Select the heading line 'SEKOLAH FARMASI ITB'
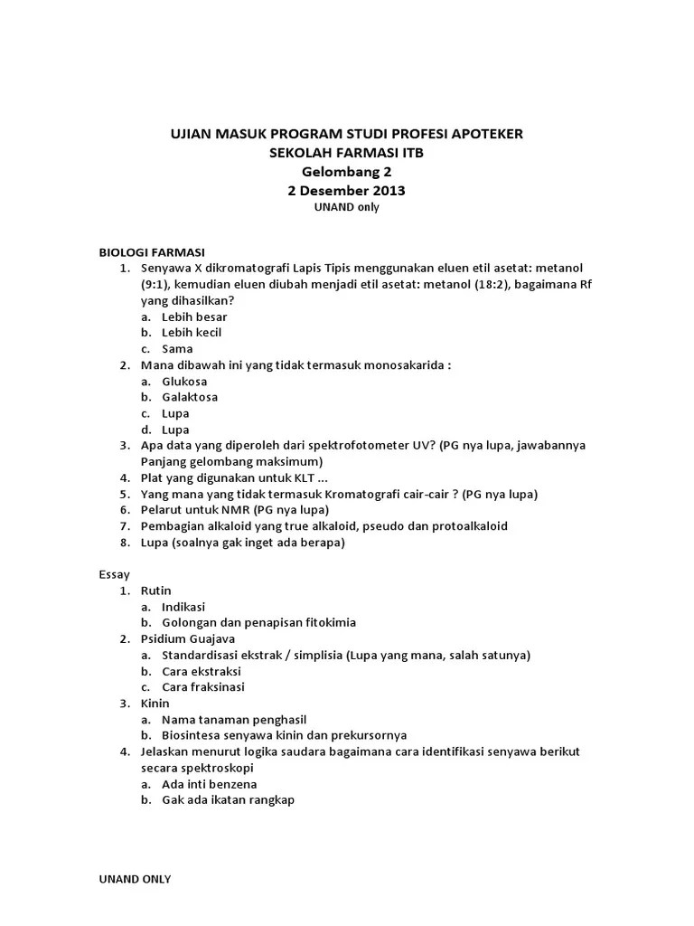click(346, 153)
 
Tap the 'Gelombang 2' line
click(346, 172)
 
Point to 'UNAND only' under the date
click(346, 207)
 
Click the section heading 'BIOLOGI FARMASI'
click(151, 252)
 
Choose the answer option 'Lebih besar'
click(194, 317)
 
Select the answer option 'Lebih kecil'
click(192, 333)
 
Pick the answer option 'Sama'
click(177, 349)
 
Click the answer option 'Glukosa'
click(184, 382)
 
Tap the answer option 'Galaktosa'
click(190, 397)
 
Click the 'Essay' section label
click(114, 574)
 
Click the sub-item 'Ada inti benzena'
click(209, 784)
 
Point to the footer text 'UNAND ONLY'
click(134, 878)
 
